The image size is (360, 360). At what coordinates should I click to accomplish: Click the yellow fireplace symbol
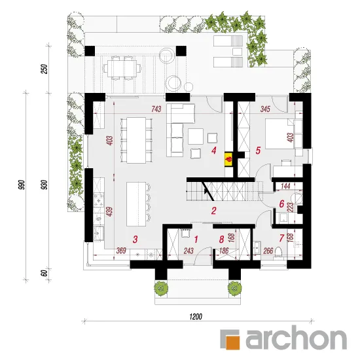[229, 159]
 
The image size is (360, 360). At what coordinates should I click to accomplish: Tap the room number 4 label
[214, 151]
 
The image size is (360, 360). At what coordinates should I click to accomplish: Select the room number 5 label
[258, 151]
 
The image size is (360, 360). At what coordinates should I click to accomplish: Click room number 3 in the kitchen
[135, 239]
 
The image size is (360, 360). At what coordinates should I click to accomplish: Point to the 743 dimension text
[156, 109]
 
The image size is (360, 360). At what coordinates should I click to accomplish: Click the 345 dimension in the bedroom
[265, 109]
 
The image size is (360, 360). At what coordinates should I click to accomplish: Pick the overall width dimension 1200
[196, 317]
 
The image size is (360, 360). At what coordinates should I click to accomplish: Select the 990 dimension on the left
[21, 185]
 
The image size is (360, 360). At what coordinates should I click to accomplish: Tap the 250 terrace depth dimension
[45, 69]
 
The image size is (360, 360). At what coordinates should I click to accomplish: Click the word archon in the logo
[296, 338]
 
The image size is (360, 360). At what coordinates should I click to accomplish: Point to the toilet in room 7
[278, 252]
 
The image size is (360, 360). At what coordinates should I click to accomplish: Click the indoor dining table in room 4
[136, 140]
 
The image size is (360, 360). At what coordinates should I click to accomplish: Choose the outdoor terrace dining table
[122, 68]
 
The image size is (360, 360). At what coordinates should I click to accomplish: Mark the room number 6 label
[281, 204]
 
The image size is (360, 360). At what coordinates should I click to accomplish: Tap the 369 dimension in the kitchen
[121, 251]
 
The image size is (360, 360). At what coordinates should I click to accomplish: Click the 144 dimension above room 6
[285, 186]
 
